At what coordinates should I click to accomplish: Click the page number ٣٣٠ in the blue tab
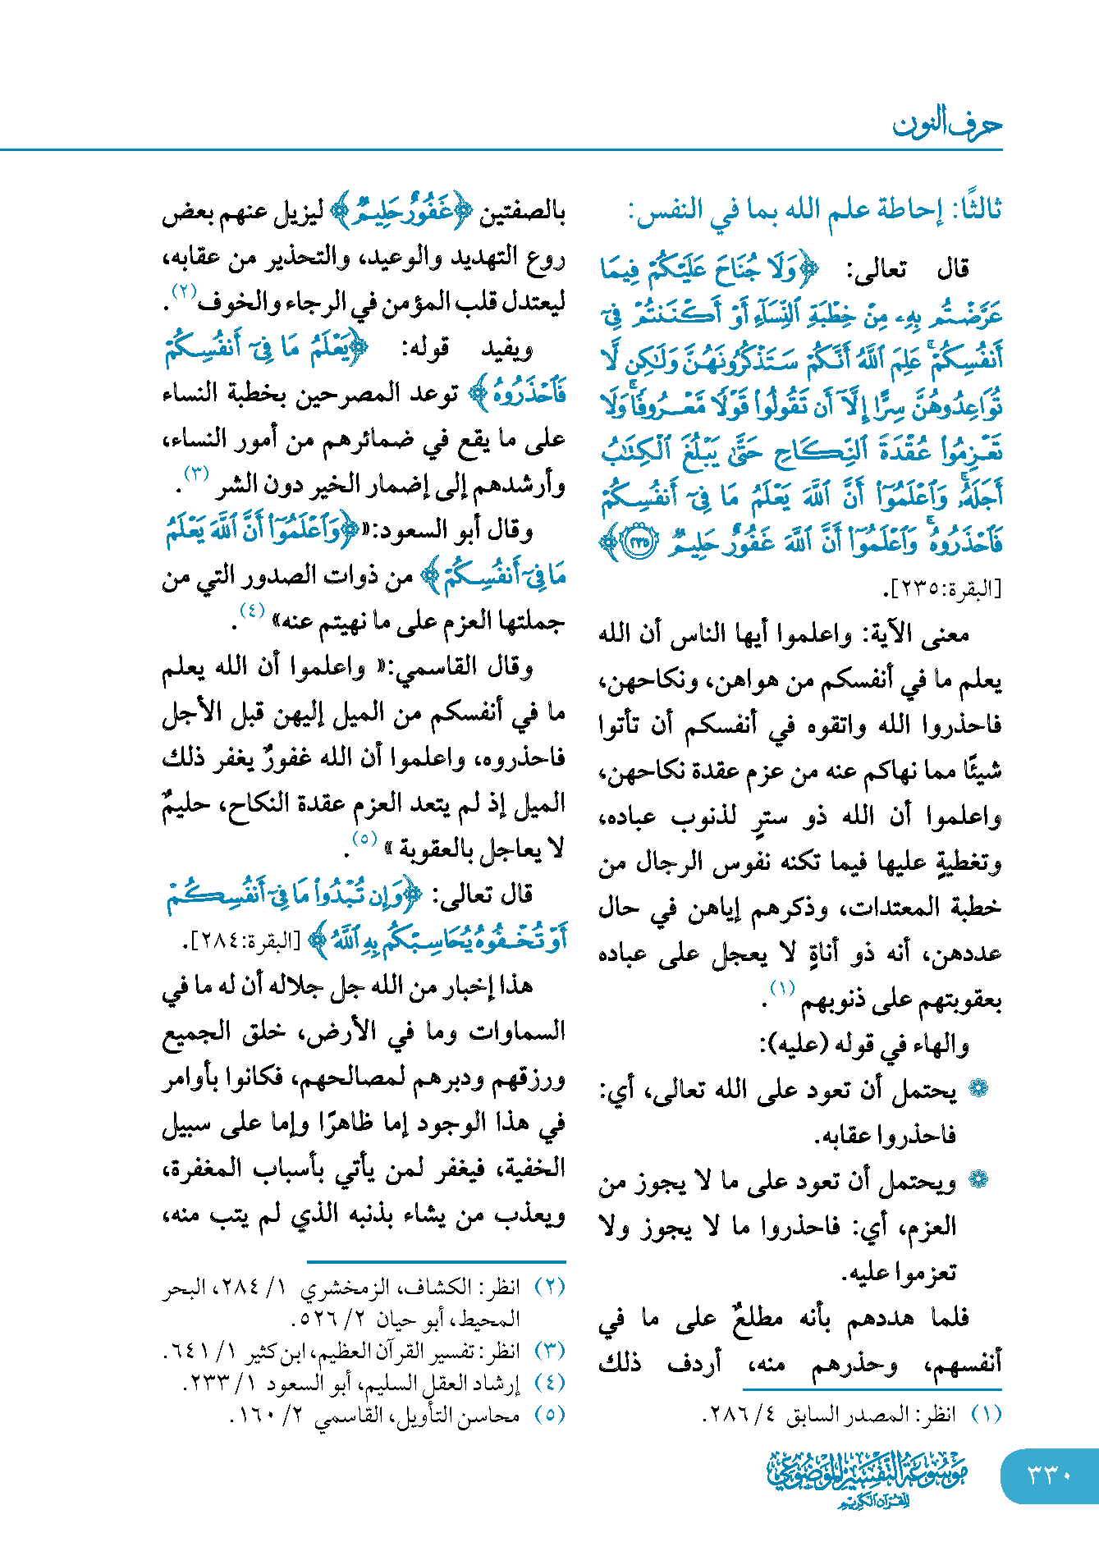pos(1050,1476)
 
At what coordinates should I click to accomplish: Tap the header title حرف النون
pos(947,125)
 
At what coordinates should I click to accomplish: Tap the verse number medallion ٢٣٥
pos(640,542)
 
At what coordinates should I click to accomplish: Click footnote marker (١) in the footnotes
pos(987,1415)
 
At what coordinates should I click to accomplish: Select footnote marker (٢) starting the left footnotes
pos(550,1286)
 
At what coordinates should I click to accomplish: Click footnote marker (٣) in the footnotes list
pos(550,1351)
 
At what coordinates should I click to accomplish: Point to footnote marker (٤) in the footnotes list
pos(550,1383)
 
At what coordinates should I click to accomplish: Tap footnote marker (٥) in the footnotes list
pos(550,1415)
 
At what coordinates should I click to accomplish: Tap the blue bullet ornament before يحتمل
pos(978,1089)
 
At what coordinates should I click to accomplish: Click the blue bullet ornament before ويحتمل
pos(978,1180)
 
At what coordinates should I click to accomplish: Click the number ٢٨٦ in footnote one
pos(726,1416)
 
